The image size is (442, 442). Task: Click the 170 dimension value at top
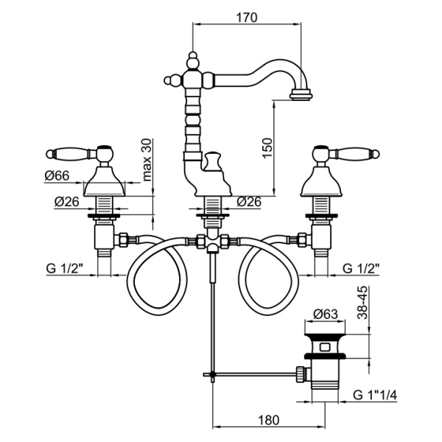[247, 18]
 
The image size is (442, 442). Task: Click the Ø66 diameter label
[57, 175]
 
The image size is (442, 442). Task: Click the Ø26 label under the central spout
[249, 201]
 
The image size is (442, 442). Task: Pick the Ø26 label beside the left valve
[67, 201]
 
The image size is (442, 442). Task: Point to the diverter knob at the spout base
[215, 161]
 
